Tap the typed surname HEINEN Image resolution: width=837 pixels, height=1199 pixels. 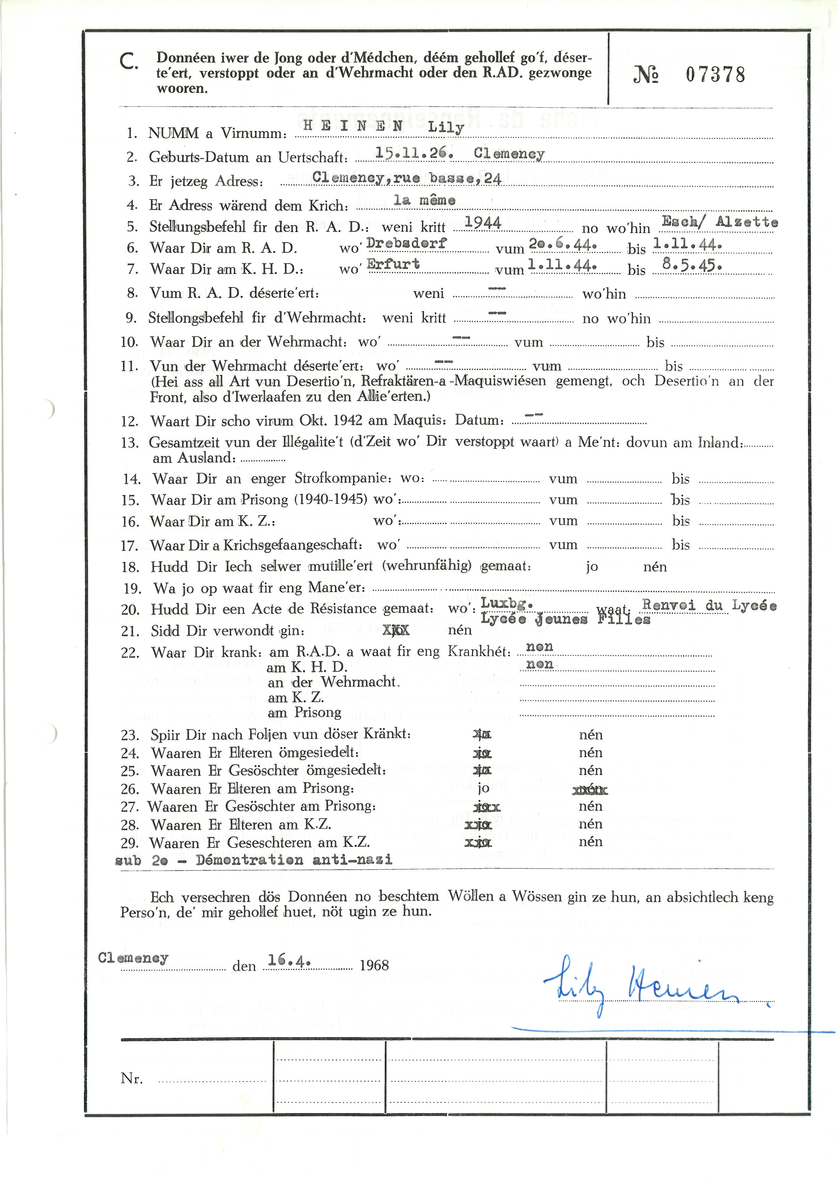tap(353, 125)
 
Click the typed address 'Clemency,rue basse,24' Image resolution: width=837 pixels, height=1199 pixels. tap(407, 178)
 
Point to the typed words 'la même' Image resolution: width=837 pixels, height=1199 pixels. tap(424, 200)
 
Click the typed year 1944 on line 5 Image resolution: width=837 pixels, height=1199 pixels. tap(483, 223)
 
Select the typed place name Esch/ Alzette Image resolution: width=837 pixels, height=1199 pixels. tap(719, 221)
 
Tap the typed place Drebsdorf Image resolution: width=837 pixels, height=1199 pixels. tap(407, 243)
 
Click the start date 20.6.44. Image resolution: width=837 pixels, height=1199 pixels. tap(562, 244)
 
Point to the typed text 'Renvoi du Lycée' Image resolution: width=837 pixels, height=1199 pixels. tap(709, 605)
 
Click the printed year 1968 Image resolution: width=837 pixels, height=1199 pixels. tap(374, 965)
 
